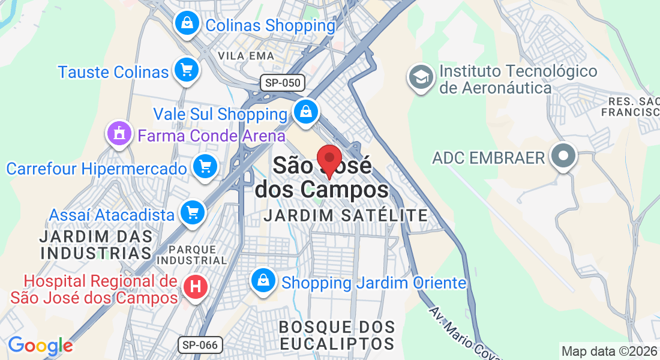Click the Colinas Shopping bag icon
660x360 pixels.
[x=187, y=24]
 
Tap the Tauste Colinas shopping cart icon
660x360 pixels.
[x=186, y=71]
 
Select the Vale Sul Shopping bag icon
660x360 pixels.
[x=306, y=112]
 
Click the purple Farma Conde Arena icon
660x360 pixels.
[x=119, y=133]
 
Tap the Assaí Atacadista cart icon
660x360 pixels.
[x=193, y=212]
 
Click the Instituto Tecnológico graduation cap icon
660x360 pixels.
[x=421, y=77]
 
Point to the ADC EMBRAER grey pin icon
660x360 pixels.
[x=563, y=156]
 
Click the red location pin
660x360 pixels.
[x=329, y=160]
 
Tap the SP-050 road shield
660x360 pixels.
[x=283, y=83]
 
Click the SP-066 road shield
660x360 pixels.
[x=200, y=344]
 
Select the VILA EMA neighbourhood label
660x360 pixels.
[x=246, y=56]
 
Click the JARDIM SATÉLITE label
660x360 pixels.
[x=346, y=215]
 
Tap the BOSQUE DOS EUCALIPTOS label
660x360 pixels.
[x=337, y=335]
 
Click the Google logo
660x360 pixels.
[x=40, y=346]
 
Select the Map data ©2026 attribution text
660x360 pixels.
[x=609, y=351]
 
